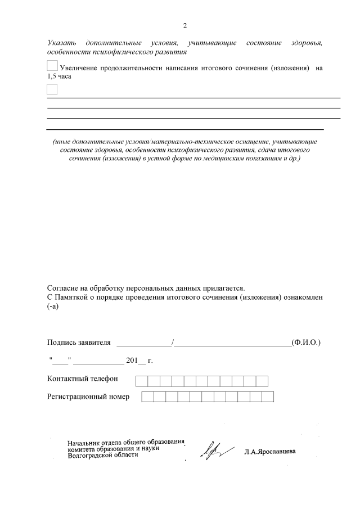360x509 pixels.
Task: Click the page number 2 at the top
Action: pos(185,26)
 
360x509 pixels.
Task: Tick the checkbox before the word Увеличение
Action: pos(52,66)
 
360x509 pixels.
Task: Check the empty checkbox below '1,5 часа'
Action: pos(52,89)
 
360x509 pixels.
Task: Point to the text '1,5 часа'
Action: pos(59,76)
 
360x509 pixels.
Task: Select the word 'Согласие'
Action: pos(64,287)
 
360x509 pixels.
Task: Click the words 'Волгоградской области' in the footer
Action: pos(102,456)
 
